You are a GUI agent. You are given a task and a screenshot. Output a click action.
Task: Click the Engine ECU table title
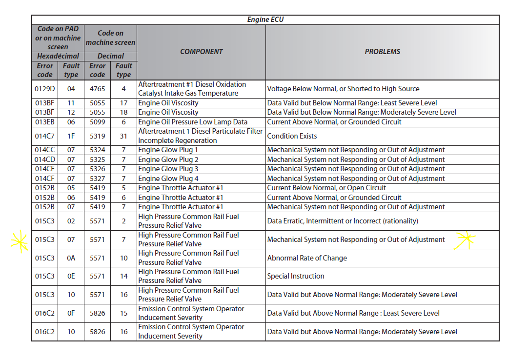(x=265, y=20)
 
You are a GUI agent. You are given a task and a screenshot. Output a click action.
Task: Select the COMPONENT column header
(x=201, y=51)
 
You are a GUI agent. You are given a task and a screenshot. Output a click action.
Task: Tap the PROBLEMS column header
(x=382, y=51)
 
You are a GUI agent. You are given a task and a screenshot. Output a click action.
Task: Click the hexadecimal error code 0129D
(x=45, y=89)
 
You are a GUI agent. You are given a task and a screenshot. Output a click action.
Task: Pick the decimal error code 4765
(x=97, y=89)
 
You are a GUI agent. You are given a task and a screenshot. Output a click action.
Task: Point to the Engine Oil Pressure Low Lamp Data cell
(x=193, y=122)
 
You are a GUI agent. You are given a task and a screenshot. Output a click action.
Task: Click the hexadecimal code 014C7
(x=45, y=136)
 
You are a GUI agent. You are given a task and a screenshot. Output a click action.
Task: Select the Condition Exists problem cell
(x=292, y=136)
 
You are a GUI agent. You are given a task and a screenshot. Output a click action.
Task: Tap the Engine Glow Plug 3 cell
(x=168, y=169)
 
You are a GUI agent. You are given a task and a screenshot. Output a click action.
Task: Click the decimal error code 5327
(x=97, y=179)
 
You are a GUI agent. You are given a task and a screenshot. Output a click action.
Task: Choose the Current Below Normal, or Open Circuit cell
(x=326, y=188)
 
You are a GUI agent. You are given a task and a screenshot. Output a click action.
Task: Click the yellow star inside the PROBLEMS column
(x=465, y=240)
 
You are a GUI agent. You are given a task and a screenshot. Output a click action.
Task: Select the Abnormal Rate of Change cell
(x=307, y=258)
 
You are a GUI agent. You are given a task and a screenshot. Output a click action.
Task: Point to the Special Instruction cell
(x=296, y=276)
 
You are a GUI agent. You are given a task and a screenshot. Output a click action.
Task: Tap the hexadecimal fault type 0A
(x=71, y=258)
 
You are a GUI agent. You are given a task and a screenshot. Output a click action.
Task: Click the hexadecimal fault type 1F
(x=71, y=136)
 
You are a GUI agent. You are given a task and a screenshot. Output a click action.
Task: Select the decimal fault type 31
(x=123, y=136)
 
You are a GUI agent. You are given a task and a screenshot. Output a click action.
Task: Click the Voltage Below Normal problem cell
(x=343, y=89)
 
